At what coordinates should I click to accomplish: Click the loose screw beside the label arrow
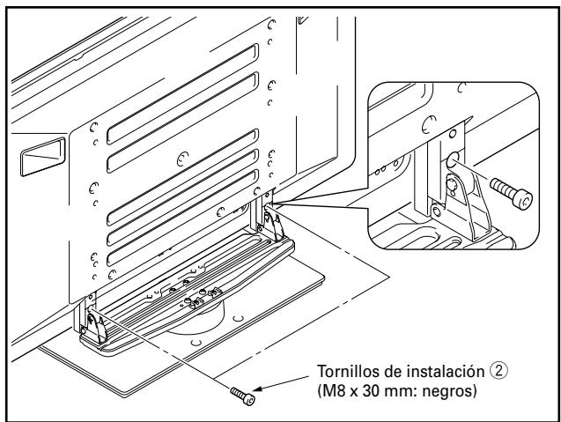239,393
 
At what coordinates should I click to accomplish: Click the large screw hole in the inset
452,159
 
